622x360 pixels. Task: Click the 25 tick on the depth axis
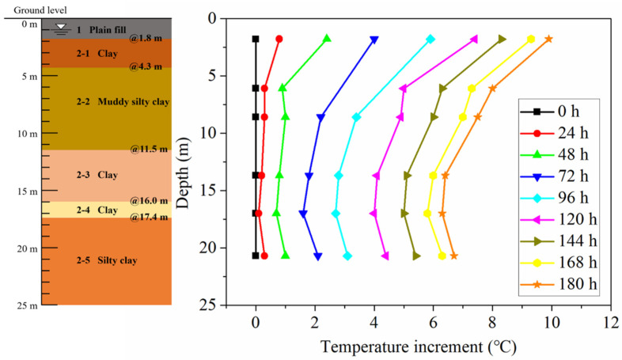click(209, 305)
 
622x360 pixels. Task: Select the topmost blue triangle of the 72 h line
click(374, 39)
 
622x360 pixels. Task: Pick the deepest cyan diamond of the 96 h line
click(347, 256)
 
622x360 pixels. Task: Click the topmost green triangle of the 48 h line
click(326, 38)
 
